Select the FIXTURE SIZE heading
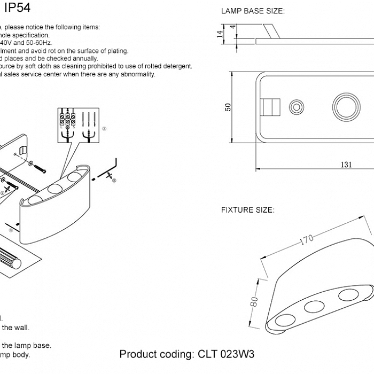(247, 210)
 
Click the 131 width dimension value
(346, 165)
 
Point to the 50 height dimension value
(228, 107)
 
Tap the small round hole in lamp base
(295, 106)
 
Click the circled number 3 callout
(105, 129)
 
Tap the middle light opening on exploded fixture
(55, 189)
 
